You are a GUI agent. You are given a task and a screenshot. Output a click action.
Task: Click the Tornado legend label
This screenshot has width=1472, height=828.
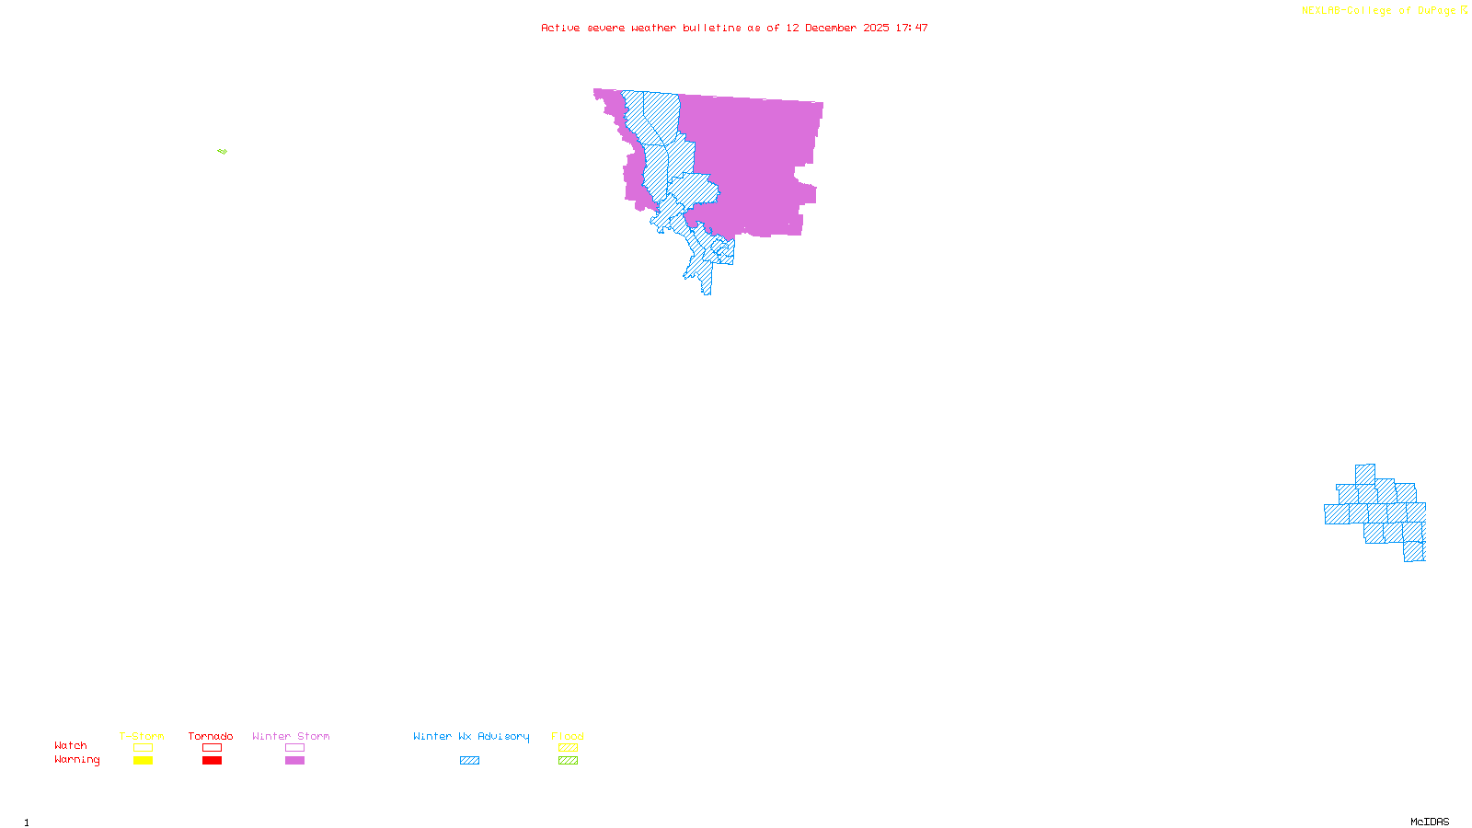click(211, 736)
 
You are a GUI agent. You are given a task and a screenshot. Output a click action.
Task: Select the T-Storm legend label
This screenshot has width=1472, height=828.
click(142, 736)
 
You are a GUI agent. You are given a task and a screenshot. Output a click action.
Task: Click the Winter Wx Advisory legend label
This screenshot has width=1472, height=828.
click(471, 736)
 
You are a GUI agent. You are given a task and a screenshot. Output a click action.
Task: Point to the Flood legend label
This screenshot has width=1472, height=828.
click(568, 736)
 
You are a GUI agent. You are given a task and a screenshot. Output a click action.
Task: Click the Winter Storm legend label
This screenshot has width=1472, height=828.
click(291, 736)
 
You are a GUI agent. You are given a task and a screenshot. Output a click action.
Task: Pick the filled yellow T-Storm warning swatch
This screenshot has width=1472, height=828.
click(143, 761)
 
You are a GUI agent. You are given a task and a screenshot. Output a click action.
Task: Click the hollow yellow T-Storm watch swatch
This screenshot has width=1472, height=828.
click(143, 748)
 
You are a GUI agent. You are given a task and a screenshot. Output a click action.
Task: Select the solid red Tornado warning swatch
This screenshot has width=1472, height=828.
click(212, 761)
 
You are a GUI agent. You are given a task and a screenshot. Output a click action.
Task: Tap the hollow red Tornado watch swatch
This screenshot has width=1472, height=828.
click(212, 748)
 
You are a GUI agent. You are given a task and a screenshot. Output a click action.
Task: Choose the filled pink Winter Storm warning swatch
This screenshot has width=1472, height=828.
click(294, 761)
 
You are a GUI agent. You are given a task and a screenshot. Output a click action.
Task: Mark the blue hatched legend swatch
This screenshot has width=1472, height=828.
click(469, 761)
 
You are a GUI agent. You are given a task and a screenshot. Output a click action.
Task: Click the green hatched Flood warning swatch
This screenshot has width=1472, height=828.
click(568, 761)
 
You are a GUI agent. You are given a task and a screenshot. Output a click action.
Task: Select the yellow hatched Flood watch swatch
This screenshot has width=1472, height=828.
click(568, 748)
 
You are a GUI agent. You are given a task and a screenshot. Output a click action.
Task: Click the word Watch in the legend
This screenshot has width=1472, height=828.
click(71, 745)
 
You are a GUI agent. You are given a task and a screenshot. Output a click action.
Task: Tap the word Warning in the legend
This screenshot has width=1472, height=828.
click(76, 760)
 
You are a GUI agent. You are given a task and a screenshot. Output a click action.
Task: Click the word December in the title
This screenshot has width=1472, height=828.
click(831, 28)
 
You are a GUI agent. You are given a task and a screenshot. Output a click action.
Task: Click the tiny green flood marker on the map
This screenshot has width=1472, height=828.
click(222, 151)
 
